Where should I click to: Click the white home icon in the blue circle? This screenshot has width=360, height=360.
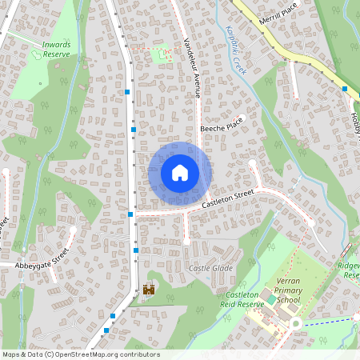pos(180,172)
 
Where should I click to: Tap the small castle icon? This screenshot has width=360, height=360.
pos(148,290)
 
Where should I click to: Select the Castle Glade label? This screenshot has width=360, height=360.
pos(210,268)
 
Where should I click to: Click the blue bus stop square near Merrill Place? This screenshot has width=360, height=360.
pos(345,89)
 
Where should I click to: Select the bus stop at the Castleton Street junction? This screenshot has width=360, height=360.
pos(130,214)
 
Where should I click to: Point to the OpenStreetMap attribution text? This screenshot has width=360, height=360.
pos(81,354)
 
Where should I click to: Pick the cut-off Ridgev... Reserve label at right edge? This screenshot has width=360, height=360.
pos(349,270)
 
